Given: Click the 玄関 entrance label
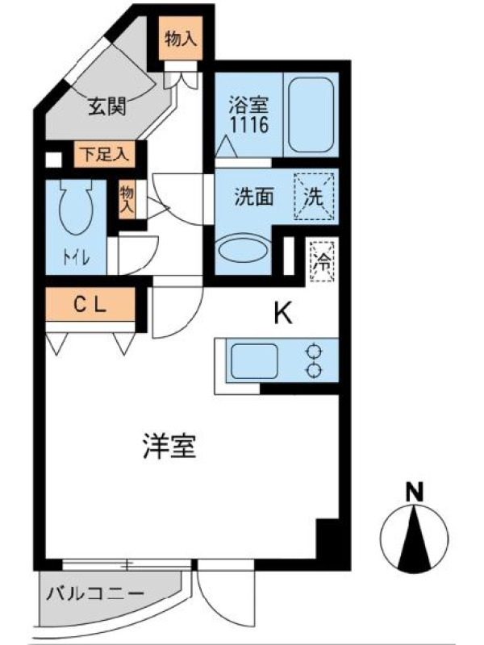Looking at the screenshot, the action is tap(107, 107).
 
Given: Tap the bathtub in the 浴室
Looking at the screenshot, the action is tap(311, 114).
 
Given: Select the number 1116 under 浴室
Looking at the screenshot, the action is tap(249, 125).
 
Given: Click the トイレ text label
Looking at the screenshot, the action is tap(76, 258).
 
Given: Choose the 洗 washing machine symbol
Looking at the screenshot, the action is tap(314, 197).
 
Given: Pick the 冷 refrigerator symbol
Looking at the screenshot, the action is tap(322, 261).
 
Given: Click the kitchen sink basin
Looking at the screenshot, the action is tap(254, 361).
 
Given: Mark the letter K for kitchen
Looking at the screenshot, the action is tap(284, 313).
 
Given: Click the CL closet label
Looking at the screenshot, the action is tap(90, 305).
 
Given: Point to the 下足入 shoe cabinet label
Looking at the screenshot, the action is tap(105, 154).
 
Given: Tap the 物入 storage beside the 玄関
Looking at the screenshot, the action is tap(181, 40).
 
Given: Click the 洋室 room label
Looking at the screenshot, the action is tap(169, 447).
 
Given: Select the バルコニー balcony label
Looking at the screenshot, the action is tap(95, 594).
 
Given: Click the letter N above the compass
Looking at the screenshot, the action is tap(415, 492).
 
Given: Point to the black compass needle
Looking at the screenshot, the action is tap(415, 538).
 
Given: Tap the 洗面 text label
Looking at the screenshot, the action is tap(254, 197).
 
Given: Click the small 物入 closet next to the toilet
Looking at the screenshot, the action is tap(127, 199).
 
